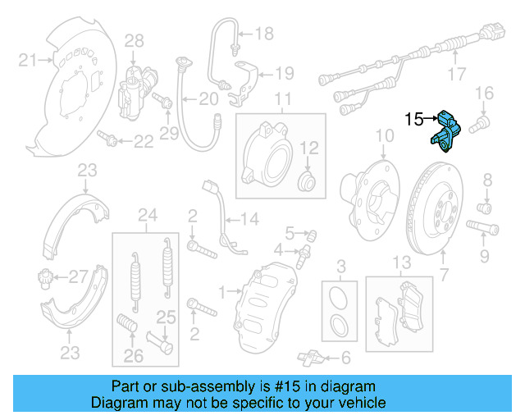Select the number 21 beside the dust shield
[x=28, y=59]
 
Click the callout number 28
[x=134, y=40]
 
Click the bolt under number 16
[x=481, y=123]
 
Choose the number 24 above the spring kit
[x=147, y=217]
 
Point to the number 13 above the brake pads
[x=399, y=262]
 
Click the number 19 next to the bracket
[x=283, y=74]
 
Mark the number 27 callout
[x=76, y=276]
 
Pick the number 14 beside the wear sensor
[x=248, y=219]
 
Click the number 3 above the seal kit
[x=341, y=265]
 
